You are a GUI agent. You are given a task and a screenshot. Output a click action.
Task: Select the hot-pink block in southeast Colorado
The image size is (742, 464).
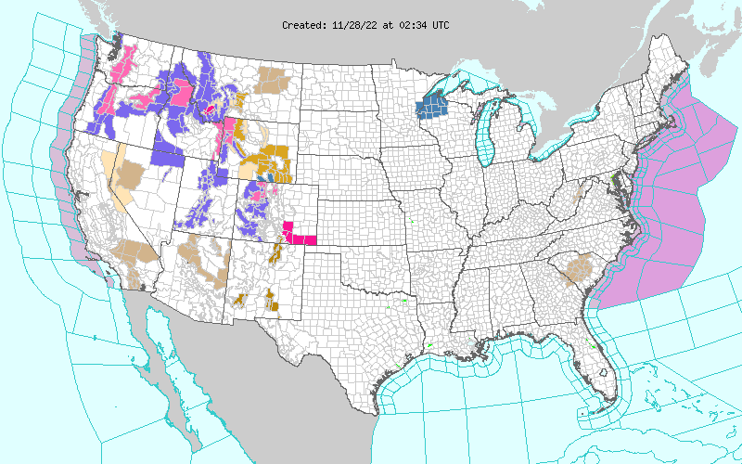(300, 233)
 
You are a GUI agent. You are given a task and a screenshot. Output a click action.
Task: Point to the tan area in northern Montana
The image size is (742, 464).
(275, 80)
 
